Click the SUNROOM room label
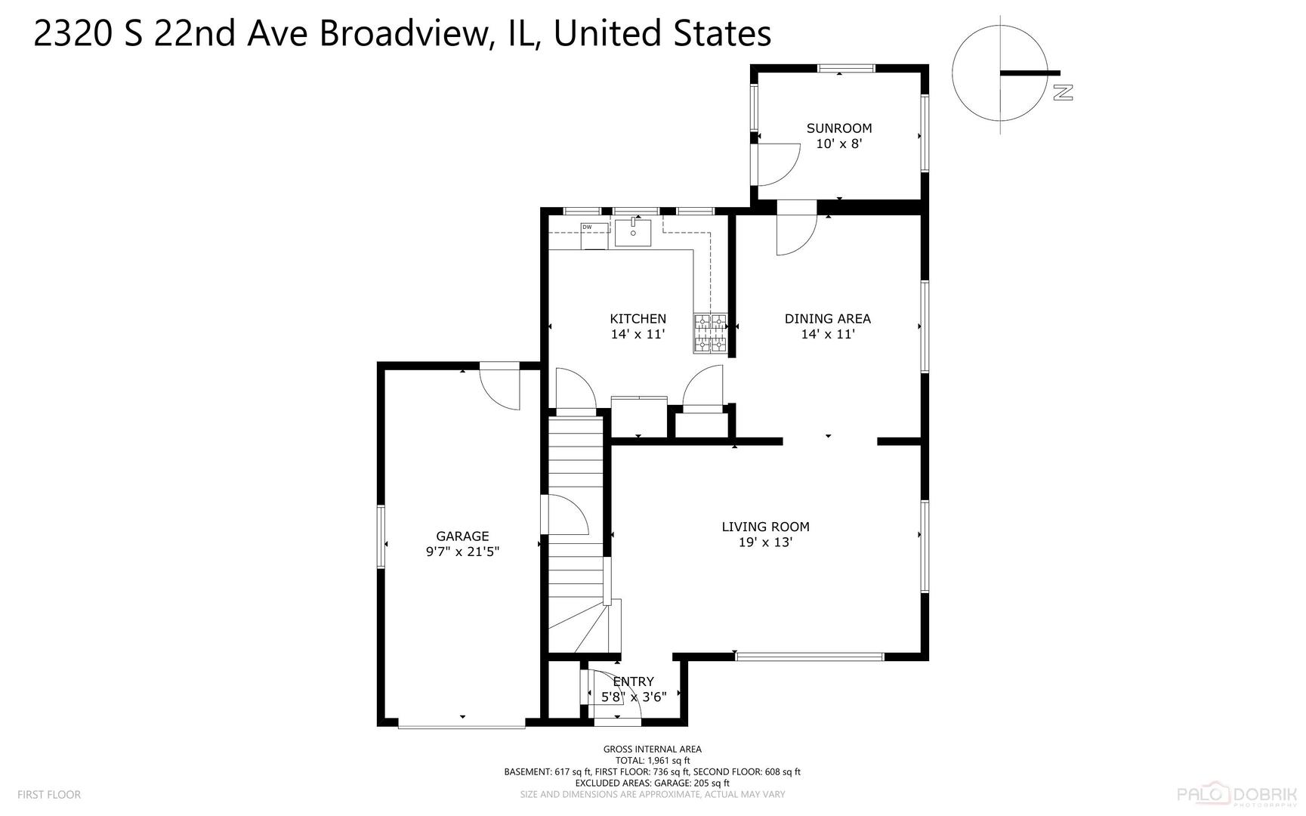838,128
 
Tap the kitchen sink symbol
632,233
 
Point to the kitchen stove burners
710,333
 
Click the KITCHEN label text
638,319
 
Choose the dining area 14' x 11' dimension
827,334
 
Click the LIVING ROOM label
765,527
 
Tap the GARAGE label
462,536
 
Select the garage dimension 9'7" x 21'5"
462,552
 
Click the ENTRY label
633,682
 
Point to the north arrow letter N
1063,92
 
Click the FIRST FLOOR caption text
48,794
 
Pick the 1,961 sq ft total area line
652,761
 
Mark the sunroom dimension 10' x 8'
838,144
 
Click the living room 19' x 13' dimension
765,542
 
